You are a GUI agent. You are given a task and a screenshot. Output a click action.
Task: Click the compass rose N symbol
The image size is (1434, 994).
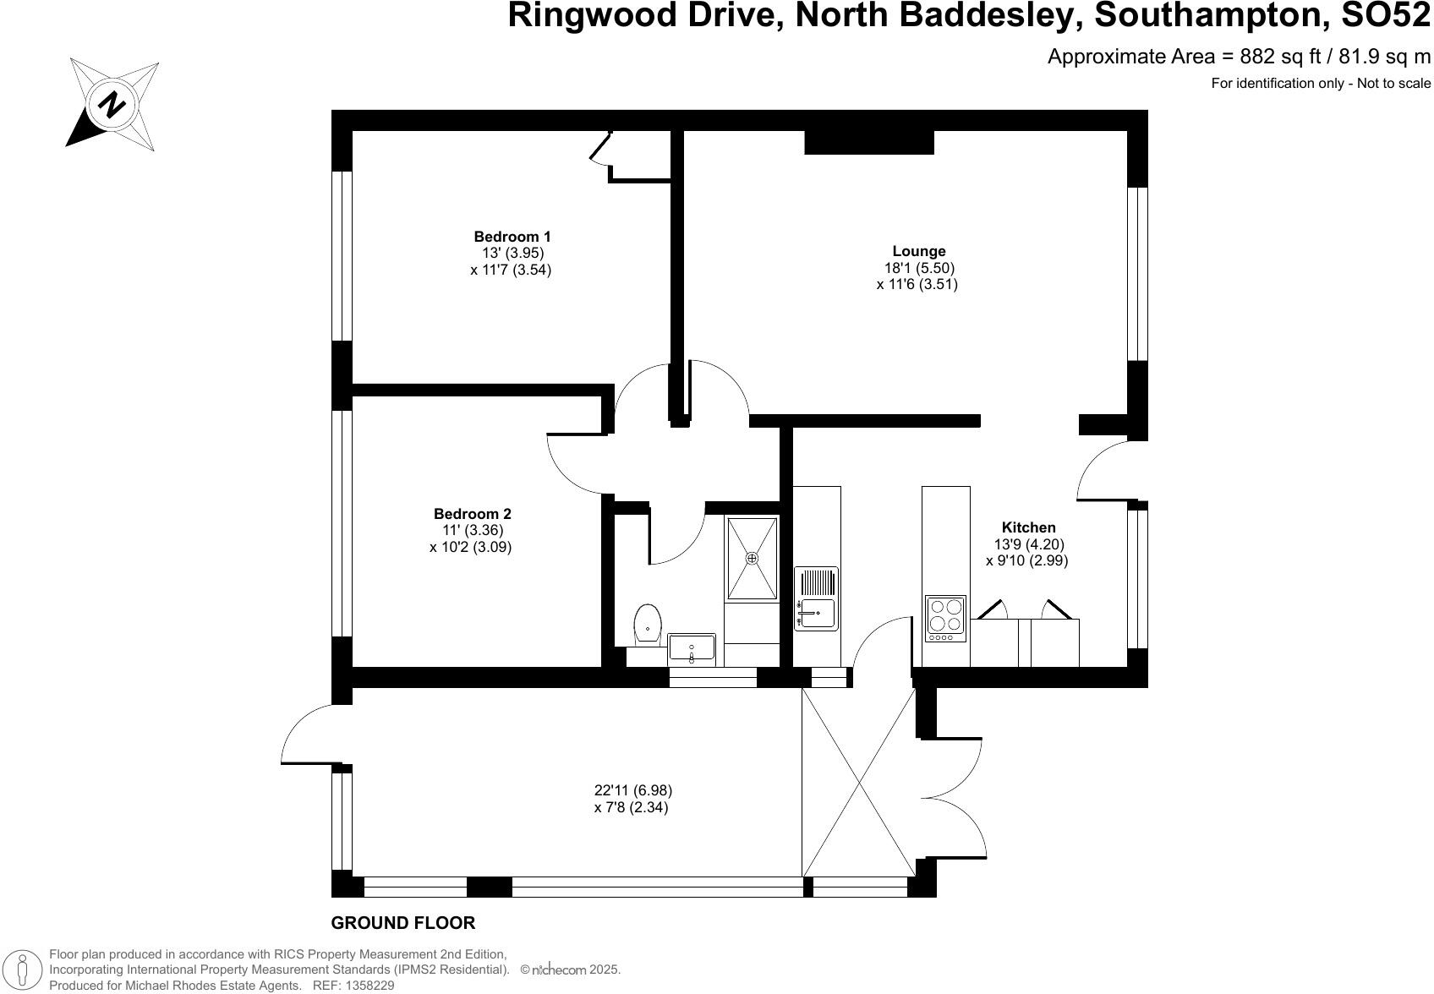[x=112, y=105]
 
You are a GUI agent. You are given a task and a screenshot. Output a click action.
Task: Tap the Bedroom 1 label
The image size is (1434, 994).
[x=512, y=237]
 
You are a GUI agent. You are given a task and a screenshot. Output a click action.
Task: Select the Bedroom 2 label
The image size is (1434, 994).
[x=472, y=514]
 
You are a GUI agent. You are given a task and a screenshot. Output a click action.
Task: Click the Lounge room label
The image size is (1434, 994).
[x=918, y=251]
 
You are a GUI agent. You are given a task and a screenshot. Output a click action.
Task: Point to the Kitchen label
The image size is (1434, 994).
[x=1028, y=527]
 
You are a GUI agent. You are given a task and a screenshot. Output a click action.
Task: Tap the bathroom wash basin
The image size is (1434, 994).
[x=691, y=649]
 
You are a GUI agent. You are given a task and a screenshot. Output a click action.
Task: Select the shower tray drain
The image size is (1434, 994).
[x=752, y=558]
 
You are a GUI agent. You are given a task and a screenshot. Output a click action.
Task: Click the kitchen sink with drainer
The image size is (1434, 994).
[x=816, y=598]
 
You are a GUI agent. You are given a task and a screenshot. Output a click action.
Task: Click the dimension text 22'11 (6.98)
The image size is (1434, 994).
[x=632, y=791]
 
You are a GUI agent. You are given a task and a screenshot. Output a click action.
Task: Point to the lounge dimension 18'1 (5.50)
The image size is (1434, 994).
[x=918, y=268]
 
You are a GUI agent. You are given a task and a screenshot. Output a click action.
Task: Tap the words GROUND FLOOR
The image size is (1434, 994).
[x=402, y=923]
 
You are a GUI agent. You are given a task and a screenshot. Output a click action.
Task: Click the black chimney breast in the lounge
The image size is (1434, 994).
[x=868, y=142]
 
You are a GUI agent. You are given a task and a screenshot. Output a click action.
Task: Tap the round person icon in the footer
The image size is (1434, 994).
[x=26, y=969]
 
